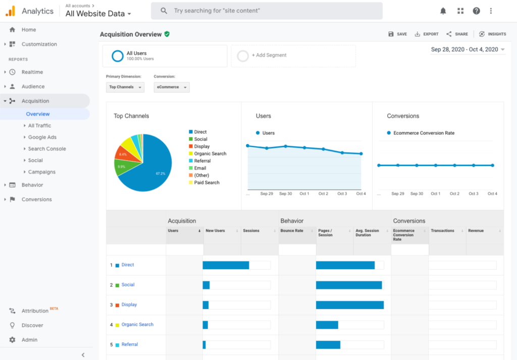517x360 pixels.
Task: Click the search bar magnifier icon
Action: [164, 11]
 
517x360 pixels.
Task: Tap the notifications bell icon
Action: [443, 11]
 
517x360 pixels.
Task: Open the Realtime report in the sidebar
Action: [32, 72]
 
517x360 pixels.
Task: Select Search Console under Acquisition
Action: [47, 149]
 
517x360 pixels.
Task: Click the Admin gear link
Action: [29, 340]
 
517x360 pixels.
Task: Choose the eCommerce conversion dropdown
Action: [172, 87]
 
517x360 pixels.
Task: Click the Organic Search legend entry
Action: [210, 153]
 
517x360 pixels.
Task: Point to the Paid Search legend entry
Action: [206, 183]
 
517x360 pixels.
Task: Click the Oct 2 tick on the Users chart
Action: [323, 193]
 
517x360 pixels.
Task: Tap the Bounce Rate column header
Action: [292, 231]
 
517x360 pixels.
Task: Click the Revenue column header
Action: [476, 231]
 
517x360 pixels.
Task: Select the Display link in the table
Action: [129, 305]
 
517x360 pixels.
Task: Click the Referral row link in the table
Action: [130, 345]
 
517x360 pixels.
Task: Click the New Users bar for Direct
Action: [226, 265]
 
